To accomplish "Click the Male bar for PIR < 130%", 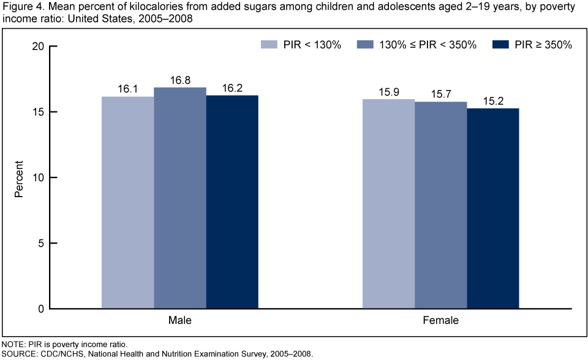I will (x=127, y=202).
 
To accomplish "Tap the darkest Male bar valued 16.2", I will (x=232, y=201).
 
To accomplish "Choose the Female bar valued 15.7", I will (x=440, y=204).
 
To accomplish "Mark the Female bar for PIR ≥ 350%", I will (x=492, y=208).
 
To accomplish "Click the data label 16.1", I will (x=127, y=89).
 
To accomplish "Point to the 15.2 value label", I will (x=492, y=102).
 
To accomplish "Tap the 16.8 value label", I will (x=180, y=80).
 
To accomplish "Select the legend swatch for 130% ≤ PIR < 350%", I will (x=367, y=45).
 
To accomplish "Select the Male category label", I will (x=180, y=320).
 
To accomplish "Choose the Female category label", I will (x=440, y=320).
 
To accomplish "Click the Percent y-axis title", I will (x=19, y=178).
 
